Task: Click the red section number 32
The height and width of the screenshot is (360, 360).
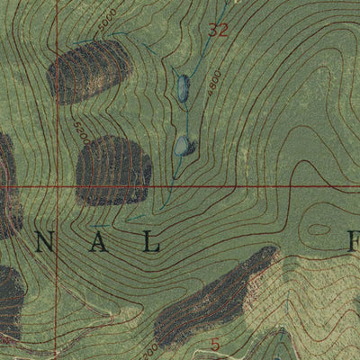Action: [x=218, y=30]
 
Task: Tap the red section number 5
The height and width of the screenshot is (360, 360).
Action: [x=214, y=344]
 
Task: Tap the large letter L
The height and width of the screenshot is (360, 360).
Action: [x=153, y=243]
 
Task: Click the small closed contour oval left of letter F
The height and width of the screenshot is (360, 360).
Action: [x=318, y=230]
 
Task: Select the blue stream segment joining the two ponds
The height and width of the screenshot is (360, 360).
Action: [x=183, y=115]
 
